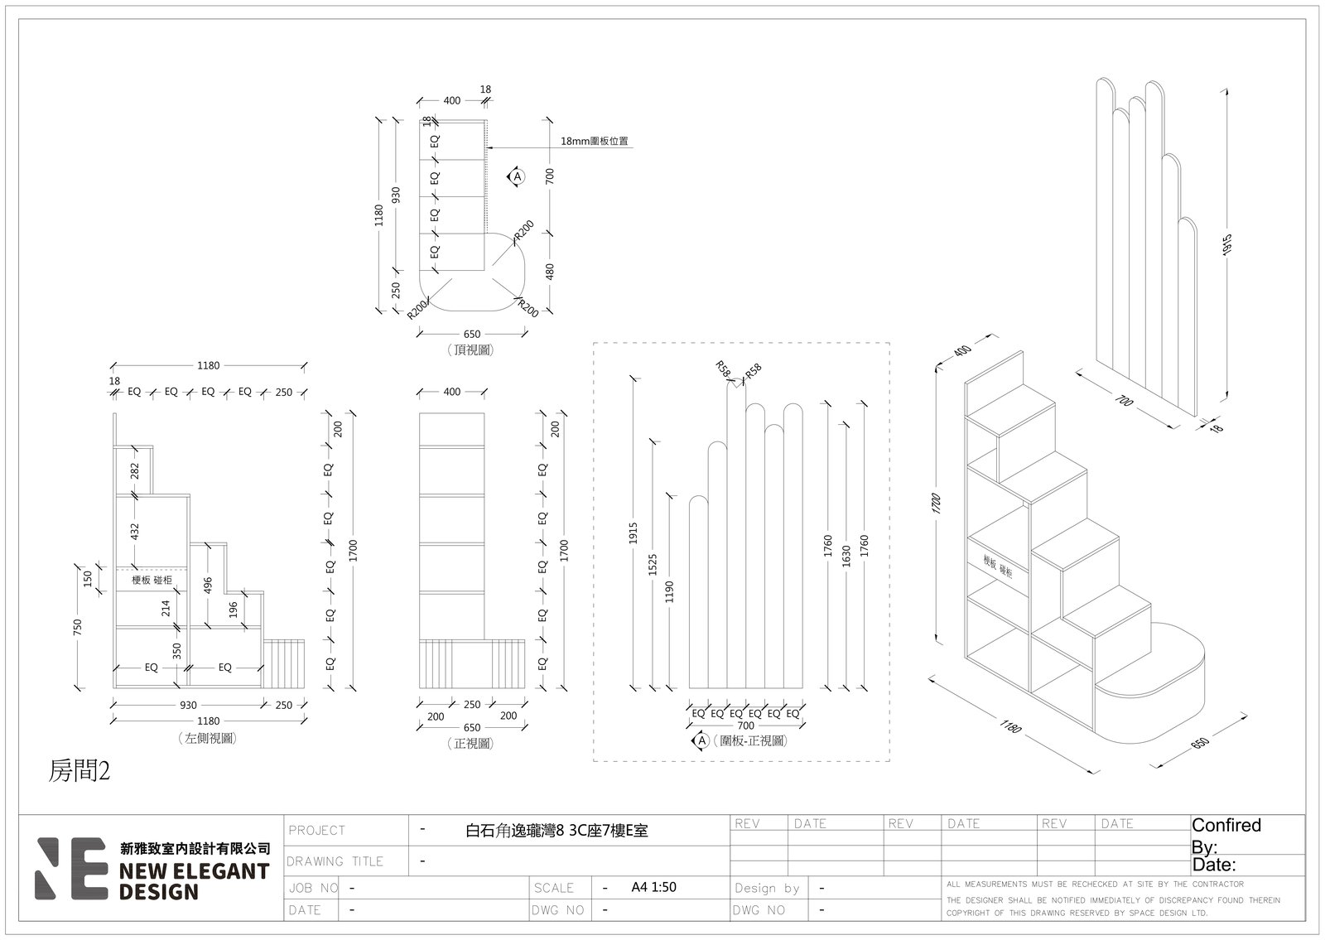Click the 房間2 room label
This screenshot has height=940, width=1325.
(x=79, y=771)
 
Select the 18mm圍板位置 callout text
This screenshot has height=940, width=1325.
(x=594, y=141)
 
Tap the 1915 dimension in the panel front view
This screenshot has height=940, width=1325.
(x=634, y=533)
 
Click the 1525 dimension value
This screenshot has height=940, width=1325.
(x=653, y=564)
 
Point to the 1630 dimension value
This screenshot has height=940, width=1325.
(x=846, y=556)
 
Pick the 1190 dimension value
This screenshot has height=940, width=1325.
(x=669, y=591)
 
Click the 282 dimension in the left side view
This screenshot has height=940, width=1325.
(x=135, y=471)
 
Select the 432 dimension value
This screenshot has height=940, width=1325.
(x=135, y=531)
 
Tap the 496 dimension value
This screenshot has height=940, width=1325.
(x=208, y=585)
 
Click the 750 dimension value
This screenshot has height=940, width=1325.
(x=78, y=627)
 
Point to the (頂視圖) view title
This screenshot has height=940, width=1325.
(x=470, y=349)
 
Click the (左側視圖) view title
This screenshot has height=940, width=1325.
(x=207, y=738)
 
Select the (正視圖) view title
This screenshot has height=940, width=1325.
(x=470, y=743)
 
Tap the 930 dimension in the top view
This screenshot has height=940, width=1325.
(x=397, y=195)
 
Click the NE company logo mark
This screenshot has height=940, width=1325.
(x=71, y=868)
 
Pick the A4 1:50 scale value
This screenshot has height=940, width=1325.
(x=653, y=887)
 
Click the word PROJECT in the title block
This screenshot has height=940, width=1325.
(x=316, y=830)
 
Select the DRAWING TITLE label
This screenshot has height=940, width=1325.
(x=335, y=860)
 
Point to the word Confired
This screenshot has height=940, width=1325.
(x=1226, y=825)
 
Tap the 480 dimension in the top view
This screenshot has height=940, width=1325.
(x=550, y=272)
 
